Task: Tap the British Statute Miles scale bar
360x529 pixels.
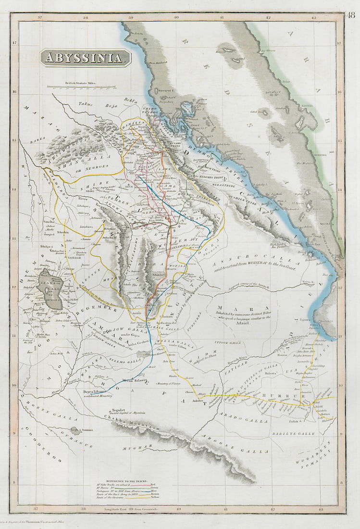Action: [x=81, y=87]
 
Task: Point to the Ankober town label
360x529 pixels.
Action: [x=198, y=400]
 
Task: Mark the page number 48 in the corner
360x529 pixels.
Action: [x=351, y=15]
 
